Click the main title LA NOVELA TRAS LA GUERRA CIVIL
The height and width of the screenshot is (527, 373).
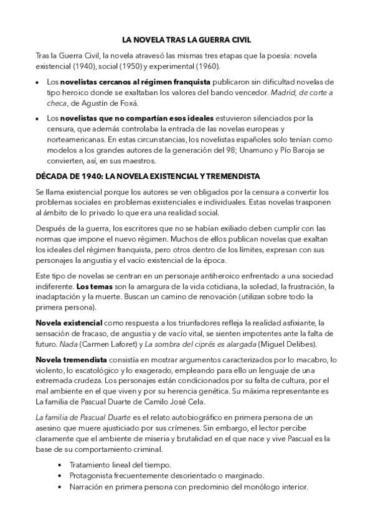pyautogui.click(x=186, y=40)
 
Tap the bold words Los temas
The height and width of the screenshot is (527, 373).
pyautogui.click(x=92, y=286)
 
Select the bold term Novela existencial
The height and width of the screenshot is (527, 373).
pyautogui.click(x=68, y=323)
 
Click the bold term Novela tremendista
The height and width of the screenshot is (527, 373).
pyautogui.click(x=71, y=360)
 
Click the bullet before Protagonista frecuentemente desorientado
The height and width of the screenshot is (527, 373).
pyautogui.click(x=59, y=476)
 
